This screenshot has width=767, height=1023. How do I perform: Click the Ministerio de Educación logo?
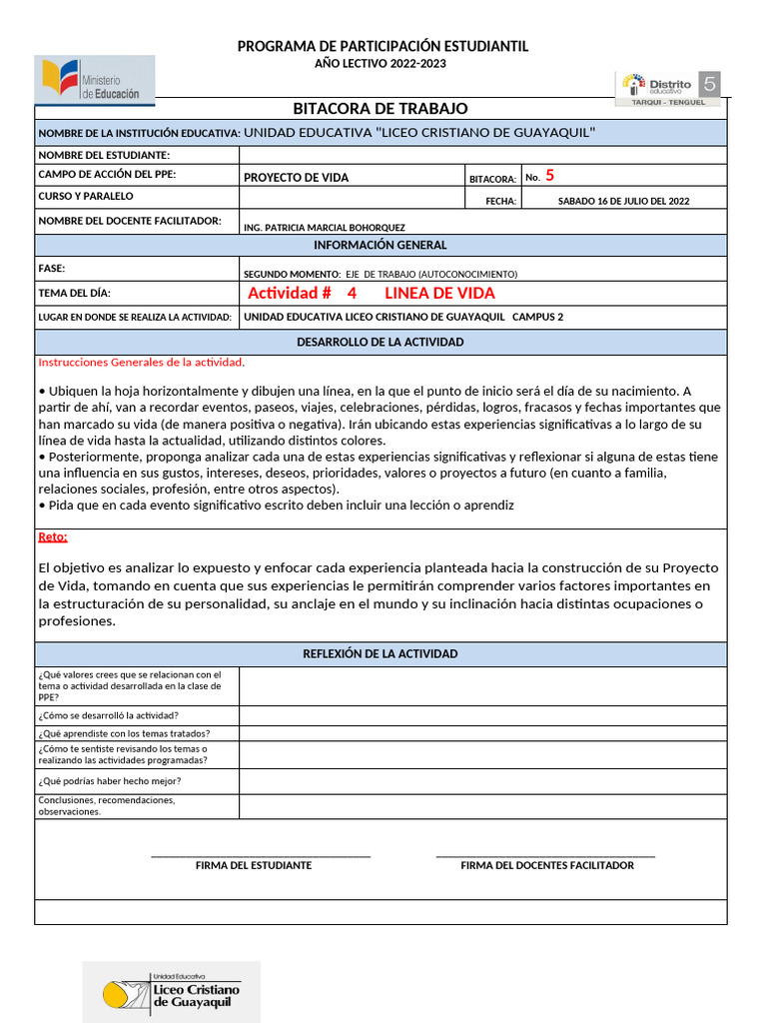(95, 81)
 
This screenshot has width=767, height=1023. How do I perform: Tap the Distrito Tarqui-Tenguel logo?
(669, 88)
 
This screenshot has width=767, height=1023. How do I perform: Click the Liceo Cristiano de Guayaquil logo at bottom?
(171, 992)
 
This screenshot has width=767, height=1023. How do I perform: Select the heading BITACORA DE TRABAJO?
(380, 108)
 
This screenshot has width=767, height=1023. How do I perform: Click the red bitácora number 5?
(549, 176)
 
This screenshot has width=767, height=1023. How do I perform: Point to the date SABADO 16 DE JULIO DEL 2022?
(623, 201)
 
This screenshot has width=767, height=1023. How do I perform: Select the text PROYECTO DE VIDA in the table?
(297, 178)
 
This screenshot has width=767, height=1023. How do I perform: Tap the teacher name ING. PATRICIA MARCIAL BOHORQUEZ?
(325, 227)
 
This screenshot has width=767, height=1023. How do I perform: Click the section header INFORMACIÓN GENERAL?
(380, 245)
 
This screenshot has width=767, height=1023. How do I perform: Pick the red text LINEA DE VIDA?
(439, 293)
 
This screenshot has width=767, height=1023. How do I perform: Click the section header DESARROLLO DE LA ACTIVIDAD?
(380, 342)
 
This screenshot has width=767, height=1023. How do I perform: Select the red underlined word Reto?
(53, 536)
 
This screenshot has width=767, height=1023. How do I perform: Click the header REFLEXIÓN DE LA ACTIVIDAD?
(380, 653)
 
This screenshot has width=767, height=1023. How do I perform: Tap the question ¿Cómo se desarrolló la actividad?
(109, 715)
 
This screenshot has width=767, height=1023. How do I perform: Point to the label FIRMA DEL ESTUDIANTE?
(254, 865)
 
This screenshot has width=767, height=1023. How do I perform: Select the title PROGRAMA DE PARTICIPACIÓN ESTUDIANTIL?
(383, 47)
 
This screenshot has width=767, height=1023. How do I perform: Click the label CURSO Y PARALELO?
(86, 196)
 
